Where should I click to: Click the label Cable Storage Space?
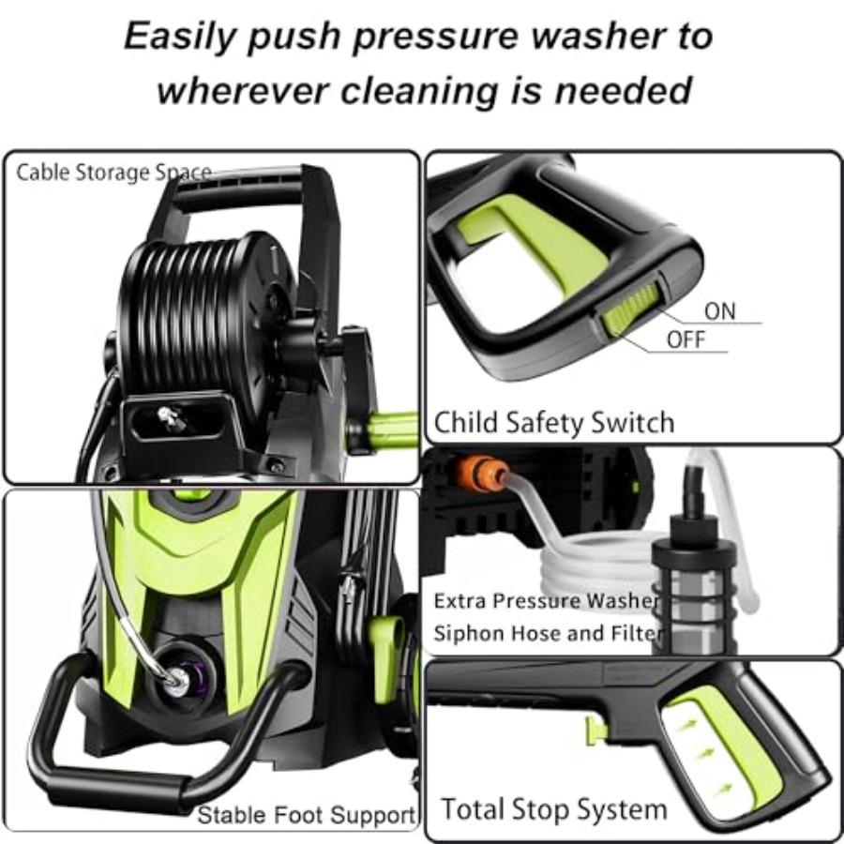[x=113, y=173]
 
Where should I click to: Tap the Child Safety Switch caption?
[x=553, y=422]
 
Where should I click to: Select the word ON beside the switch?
[x=719, y=311]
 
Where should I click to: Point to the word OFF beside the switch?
[x=686, y=339]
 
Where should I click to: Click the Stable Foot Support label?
[x=306, y=815]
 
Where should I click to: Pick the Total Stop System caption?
[x=553, y=808]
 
